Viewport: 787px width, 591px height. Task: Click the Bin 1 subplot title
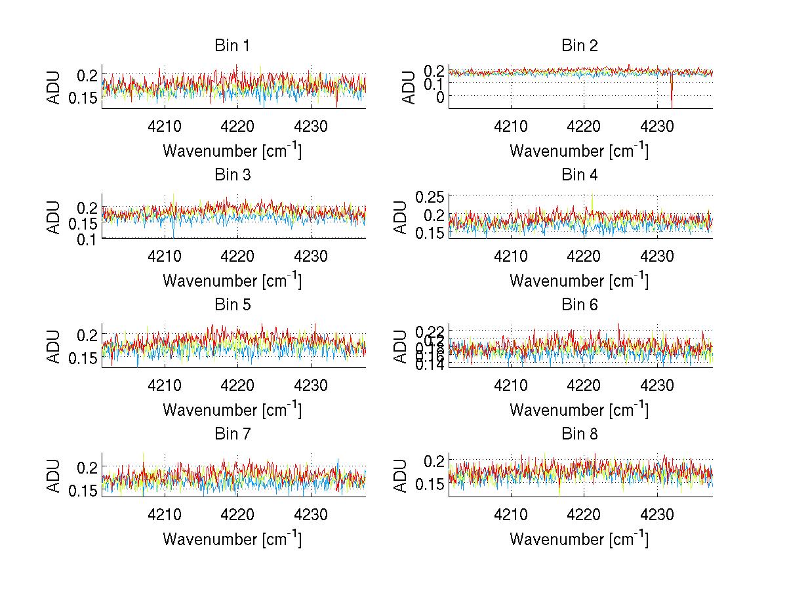pyautogui.click(x=232, y=46)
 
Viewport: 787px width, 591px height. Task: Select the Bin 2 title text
pyautogui.click(x=580, y=46)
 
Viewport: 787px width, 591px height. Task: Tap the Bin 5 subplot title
pyautogui.click(x=232, y=305)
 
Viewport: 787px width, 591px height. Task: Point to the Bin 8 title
pyautogui.click(x=580, y=434)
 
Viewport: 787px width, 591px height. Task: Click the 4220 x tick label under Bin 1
pyautogui.click(x=237, y=126)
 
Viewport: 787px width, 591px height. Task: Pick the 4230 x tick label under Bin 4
pyautogui.click(x=657, y=256)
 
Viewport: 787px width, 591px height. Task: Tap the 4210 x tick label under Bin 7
pyautogui.click(x=164, y=514)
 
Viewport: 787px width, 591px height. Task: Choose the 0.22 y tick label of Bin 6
pyautogui.click(x=429, y=330)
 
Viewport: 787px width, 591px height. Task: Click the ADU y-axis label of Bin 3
pyautogui.click(x=54, y=216)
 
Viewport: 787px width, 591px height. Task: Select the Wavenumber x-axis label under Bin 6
pyautogui.click(x=579, y=410)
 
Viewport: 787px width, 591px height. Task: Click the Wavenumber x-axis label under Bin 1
pyautogui.click(x=232, y=151)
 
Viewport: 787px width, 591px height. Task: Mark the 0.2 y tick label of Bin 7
pyautogui.click(x=87, y=467)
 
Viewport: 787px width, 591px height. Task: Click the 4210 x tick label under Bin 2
pyautogui.click(x=511, y=126)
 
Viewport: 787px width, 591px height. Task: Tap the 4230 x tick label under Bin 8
pyautogui.click(x=657, y=514)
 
